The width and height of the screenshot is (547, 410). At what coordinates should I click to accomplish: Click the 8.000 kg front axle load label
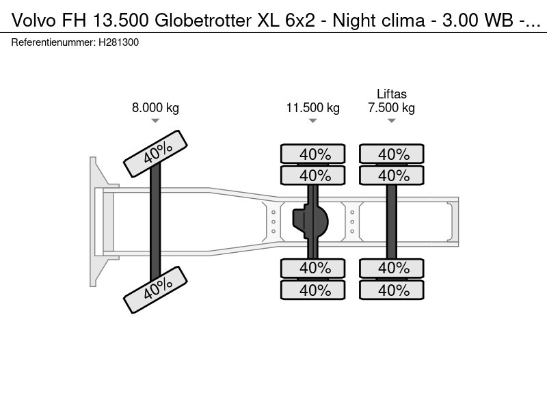[x=155, y=108]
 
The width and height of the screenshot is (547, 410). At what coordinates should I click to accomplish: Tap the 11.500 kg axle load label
[x=312, y=108]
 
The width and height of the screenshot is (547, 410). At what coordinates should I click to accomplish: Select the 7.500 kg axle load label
[x=391, y=108]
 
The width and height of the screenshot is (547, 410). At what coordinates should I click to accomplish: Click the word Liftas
[x=391, y=94]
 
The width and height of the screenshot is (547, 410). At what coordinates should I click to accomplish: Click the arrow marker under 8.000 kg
[x=155, y=121]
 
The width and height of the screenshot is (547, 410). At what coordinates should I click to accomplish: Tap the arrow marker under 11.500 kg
[x=312, y=121]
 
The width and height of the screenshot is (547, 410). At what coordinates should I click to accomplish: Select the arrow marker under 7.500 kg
[x=391, y=121]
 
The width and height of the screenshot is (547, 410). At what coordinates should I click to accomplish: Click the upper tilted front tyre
[x=155, y=154]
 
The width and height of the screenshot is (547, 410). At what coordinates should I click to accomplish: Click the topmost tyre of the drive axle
[x=315, y=154]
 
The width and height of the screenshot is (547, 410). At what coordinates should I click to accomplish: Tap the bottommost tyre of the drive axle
[x=315, y=290]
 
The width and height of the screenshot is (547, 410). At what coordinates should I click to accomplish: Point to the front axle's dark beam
[x=155, y=222]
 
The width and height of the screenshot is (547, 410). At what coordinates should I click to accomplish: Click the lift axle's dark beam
[x=392, y=222]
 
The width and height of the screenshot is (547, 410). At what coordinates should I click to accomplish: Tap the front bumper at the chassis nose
[x=96, y=221]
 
